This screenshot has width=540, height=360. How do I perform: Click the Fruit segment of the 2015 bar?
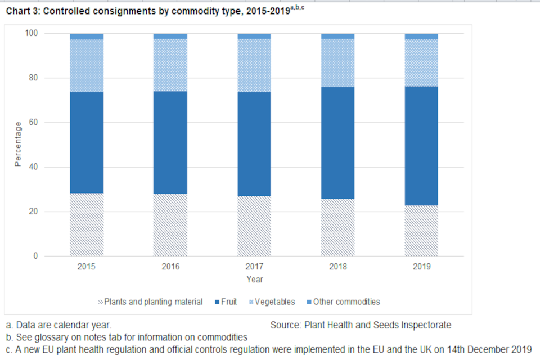[x=87, y=142]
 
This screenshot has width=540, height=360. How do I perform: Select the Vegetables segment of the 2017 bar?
[x=254, y=65]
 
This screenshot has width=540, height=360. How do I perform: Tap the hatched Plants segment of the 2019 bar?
[x=421, y=231]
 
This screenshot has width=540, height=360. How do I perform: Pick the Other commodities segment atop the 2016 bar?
[x=170, y=36]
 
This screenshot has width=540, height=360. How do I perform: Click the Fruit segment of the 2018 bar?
[x=338, y=143]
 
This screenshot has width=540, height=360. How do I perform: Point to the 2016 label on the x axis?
[x=170, y=266]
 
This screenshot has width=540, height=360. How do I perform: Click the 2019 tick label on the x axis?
[x=421, y=266]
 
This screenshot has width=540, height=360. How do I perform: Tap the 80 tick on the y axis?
[x=33, y=78]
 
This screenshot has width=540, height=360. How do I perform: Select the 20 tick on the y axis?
[x=33, y=211]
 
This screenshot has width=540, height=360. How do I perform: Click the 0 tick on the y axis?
[x=35, y=256]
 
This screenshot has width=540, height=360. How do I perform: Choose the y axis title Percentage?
[x=17, y=144]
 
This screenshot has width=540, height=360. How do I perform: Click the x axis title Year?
[x=254, y=279]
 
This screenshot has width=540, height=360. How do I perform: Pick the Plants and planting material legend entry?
[x=150, y=302]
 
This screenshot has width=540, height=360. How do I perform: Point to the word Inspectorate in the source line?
[x=428, y=325]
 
